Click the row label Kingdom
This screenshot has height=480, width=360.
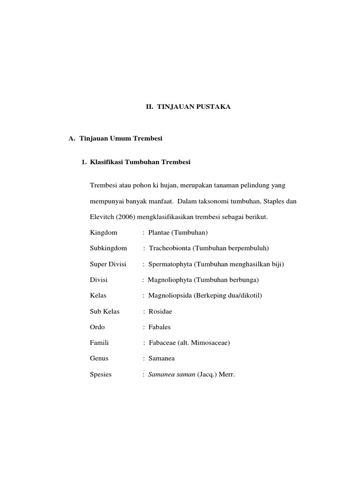[104, 232]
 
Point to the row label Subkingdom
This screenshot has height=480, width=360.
[108, 248]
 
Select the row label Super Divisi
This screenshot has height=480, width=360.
[108, 264]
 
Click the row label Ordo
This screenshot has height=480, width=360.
[97, 327]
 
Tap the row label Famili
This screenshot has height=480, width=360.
[99, 343]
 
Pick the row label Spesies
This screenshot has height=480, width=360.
[100, 375]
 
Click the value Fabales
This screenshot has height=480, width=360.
[160, 327]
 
